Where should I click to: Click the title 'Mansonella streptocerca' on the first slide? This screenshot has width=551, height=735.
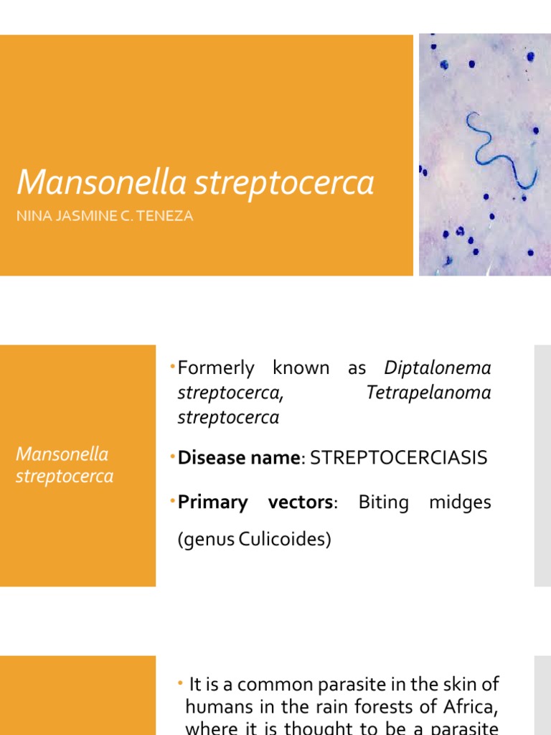click(x=195, y=183)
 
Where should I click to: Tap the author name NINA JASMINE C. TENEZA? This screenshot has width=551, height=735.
click(x=105, y=215)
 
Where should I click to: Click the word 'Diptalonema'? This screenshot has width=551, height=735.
click(x=438, y=368)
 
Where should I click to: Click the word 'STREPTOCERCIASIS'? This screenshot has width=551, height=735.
click(x=398, y=458)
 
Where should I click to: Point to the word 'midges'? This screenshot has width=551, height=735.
click(x=460, y=502)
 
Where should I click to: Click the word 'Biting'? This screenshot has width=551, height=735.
click(x=383, y=502)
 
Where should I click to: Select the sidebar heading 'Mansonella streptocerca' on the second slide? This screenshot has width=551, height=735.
click(x=65, y=465)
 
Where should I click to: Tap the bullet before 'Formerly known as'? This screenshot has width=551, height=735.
click(x=174, y=367)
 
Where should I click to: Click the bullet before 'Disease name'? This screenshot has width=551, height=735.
click(x=174, y=457)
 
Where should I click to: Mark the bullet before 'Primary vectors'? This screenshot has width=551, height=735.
click(x=174, y=502)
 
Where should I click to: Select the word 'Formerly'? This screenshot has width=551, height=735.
click(x=216, y=368)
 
